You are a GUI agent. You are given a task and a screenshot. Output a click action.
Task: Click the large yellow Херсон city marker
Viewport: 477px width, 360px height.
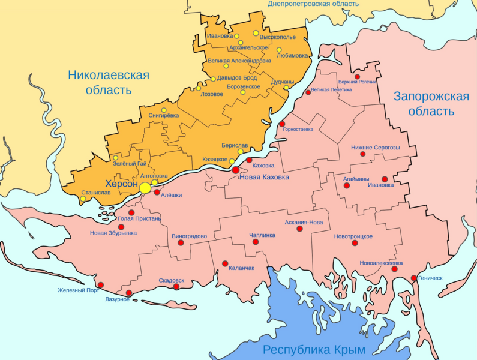coord(145,188)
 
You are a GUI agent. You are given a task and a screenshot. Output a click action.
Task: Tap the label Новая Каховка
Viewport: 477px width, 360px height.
coord(264,178)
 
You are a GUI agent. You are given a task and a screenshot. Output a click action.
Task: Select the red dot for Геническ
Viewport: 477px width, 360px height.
coord(414,278)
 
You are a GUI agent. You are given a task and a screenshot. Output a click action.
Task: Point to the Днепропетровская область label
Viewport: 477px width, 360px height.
coord(313,4)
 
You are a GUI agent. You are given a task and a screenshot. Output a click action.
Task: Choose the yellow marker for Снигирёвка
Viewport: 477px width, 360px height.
coord(164,110)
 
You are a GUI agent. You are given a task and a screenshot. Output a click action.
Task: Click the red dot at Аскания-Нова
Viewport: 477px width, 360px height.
coord(300,229)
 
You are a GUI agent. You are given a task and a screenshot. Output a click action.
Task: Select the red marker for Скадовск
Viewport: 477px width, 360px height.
coord(176,287)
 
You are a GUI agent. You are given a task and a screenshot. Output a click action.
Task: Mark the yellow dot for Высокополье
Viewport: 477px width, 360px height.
coord(256,33)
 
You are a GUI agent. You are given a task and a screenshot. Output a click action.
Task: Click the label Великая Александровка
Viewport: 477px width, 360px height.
coord(239,61)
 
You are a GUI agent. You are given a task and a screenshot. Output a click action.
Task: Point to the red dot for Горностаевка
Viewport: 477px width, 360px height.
coord(282,124)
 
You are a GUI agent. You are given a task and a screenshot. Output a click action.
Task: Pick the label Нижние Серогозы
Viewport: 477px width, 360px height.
coord(375,148)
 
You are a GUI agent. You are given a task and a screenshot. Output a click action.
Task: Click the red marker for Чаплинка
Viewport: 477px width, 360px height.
coord(256,242)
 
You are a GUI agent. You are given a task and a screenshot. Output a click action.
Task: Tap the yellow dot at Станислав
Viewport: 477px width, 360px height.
coord(83,199)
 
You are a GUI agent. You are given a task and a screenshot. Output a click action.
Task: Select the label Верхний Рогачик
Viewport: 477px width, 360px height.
coord(357,82)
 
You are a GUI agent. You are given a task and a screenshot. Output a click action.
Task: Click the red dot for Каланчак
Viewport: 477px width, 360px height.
coord(225,263)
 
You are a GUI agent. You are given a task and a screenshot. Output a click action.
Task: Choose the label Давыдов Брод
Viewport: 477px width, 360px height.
coord(237,78)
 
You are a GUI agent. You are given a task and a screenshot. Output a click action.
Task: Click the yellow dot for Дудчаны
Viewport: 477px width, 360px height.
coord(286,88)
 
